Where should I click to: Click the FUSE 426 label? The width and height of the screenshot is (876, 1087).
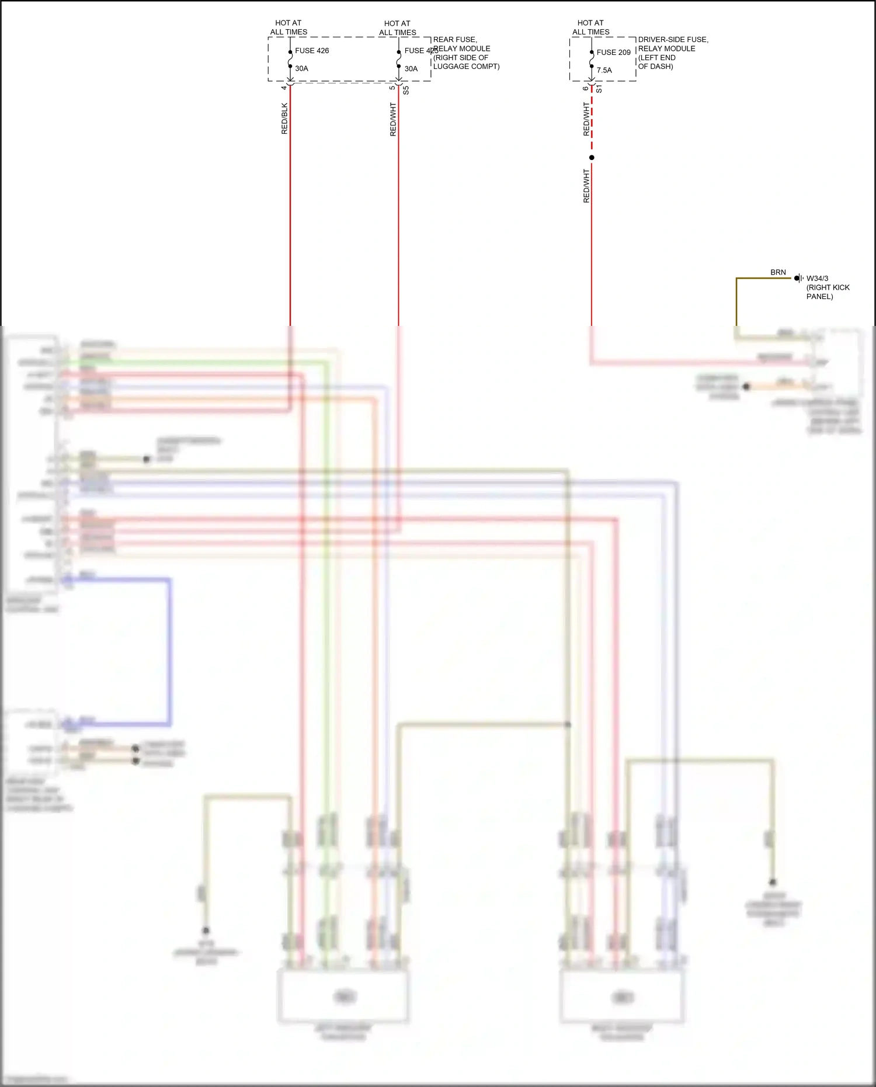click(x=312, y=51)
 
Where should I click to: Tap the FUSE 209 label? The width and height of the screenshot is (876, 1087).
click(x=613, y=53)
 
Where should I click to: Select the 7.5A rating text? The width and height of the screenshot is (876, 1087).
click(x=604, y=70)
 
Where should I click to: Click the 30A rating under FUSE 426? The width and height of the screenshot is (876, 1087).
click(x=301, y=68)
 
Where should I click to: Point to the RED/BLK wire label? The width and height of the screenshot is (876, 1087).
click(x=285, y=119)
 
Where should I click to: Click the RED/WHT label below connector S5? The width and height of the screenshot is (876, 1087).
click(x=393, y=119)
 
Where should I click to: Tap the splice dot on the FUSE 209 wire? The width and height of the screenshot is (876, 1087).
click(x=592, y=158)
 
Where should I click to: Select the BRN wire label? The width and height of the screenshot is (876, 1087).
click(x=778, y=272)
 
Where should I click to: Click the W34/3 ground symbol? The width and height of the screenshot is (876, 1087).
click(x=798, y=278)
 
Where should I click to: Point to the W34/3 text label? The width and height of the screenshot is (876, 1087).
click(x=817, y=279)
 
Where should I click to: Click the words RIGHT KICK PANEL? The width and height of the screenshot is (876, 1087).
click(x=828, y=291)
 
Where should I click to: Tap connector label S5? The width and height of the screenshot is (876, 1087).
click(x=406, y=91)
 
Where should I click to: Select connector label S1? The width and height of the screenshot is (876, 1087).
click(x=599, y=89)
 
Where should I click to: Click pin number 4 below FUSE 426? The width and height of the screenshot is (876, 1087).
click(x=284, y=88)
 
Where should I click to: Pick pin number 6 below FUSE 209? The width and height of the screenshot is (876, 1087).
click(x=585, y=88)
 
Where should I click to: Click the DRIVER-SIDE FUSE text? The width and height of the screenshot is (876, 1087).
click(x=673, y=40)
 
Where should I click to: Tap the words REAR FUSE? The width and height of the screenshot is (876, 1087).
click(x=455, y=40)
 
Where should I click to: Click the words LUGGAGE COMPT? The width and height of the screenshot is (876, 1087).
click(x=466, y=67)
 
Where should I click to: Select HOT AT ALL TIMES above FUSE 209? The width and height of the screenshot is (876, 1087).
click(x=590, y=27)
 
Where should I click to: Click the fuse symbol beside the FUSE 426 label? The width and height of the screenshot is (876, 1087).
click(x=290, y=59)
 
